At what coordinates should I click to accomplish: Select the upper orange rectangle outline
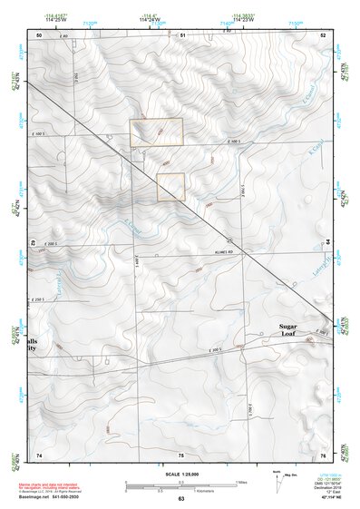tap(156, 132)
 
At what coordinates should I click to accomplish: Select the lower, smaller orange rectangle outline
tap(170, 187)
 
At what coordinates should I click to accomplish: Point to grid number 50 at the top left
tap(39, 34)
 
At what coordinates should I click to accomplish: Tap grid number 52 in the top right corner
tap(324, 34)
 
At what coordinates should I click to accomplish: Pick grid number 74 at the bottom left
tap(39, 454)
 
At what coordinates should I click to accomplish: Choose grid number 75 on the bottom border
tap(181, 454)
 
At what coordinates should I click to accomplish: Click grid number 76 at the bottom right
tap(324, 454)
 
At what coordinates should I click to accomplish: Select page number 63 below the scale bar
tap(181, 499)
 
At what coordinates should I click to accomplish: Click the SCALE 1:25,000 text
tap(181, 474)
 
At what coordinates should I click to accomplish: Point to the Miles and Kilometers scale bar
tap(181, 485)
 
